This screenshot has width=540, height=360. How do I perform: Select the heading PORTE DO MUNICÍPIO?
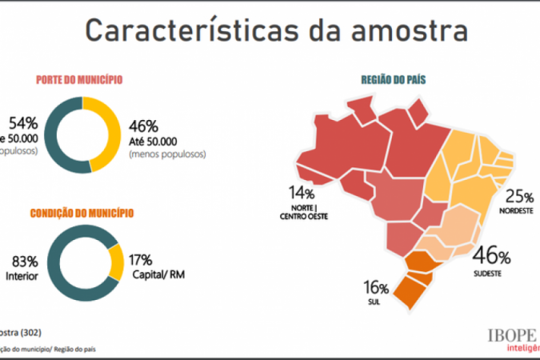click(78, 80)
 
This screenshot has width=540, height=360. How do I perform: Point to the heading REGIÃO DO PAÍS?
click(393, 80)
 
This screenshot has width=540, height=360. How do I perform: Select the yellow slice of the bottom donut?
click(117, 262)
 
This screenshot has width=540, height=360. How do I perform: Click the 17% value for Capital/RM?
click(142, 260)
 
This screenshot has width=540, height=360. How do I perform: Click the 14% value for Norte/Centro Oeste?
click(303, 193)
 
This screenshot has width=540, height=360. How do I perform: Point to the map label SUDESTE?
click(487, 273)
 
